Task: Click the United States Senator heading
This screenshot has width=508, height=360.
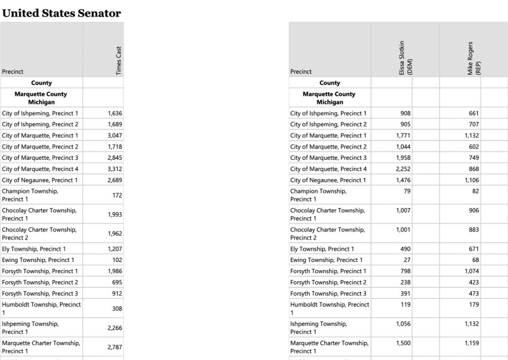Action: [61, 13]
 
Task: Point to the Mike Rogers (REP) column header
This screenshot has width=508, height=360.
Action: [473, 59]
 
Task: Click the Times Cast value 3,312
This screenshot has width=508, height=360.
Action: [115, 169]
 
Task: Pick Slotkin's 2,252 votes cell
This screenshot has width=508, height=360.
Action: [403, 169]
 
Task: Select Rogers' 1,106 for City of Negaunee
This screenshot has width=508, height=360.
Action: [471, 180]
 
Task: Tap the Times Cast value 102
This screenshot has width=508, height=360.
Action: [117, 260]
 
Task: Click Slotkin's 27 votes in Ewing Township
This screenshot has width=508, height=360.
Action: [406, 260]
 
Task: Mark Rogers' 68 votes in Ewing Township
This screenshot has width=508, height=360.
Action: [475, 260]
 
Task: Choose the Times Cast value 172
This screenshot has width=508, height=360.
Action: [117, 195]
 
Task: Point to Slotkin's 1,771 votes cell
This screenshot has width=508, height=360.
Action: [403, 136]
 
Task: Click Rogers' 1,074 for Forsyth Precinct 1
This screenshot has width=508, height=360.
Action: [471, 271]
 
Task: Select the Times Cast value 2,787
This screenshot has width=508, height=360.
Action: [115, 347]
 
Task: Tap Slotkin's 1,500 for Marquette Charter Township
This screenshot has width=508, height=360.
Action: [403, 343]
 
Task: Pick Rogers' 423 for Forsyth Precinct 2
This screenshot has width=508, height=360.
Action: [473, 282]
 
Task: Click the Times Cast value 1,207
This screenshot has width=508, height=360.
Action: [115, 249]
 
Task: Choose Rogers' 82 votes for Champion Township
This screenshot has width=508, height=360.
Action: [475, 191]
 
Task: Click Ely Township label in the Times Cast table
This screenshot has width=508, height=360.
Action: [34, 249]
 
